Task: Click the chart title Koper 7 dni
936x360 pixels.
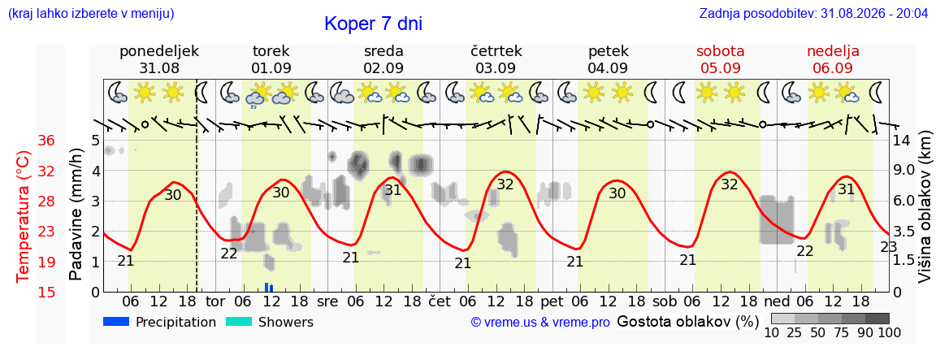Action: click(x=373, y=24)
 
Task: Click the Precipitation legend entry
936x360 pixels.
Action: click(x=159, y=323)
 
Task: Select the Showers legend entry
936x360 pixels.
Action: click(x=269, y=323)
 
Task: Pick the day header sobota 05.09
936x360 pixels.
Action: click(x=721, y=59)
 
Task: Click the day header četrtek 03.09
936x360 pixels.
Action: click(x=496, y=59)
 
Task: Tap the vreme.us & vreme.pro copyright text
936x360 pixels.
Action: click(x=540, y=323)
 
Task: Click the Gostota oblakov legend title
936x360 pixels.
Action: click(x=687, y=323)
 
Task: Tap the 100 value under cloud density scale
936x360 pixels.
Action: click(x=888, y=332)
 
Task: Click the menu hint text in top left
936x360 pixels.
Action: click(x=91, y=12)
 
